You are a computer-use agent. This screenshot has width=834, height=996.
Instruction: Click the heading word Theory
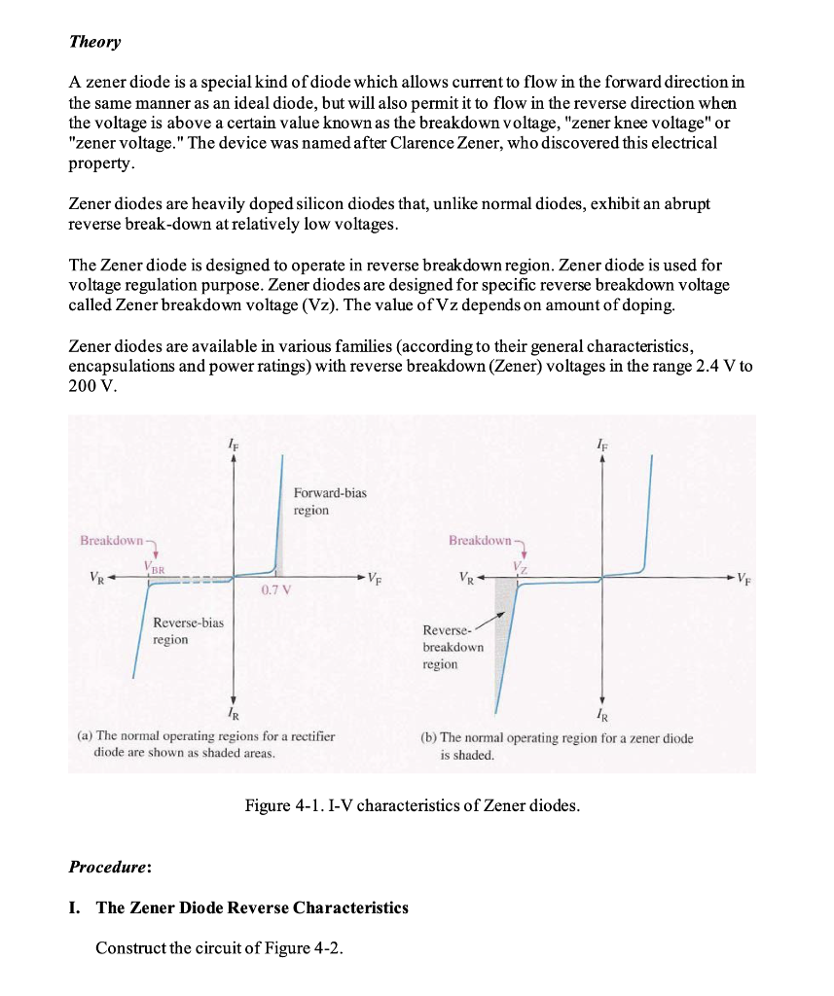94,42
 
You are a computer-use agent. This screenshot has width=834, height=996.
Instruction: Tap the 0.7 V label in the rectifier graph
275,590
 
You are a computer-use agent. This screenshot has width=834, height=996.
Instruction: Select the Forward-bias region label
330,501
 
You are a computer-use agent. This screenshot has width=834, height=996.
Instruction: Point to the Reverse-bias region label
188,630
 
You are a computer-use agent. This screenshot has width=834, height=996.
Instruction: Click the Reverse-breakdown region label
453,646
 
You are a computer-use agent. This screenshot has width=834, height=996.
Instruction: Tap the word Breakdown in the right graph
480,539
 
